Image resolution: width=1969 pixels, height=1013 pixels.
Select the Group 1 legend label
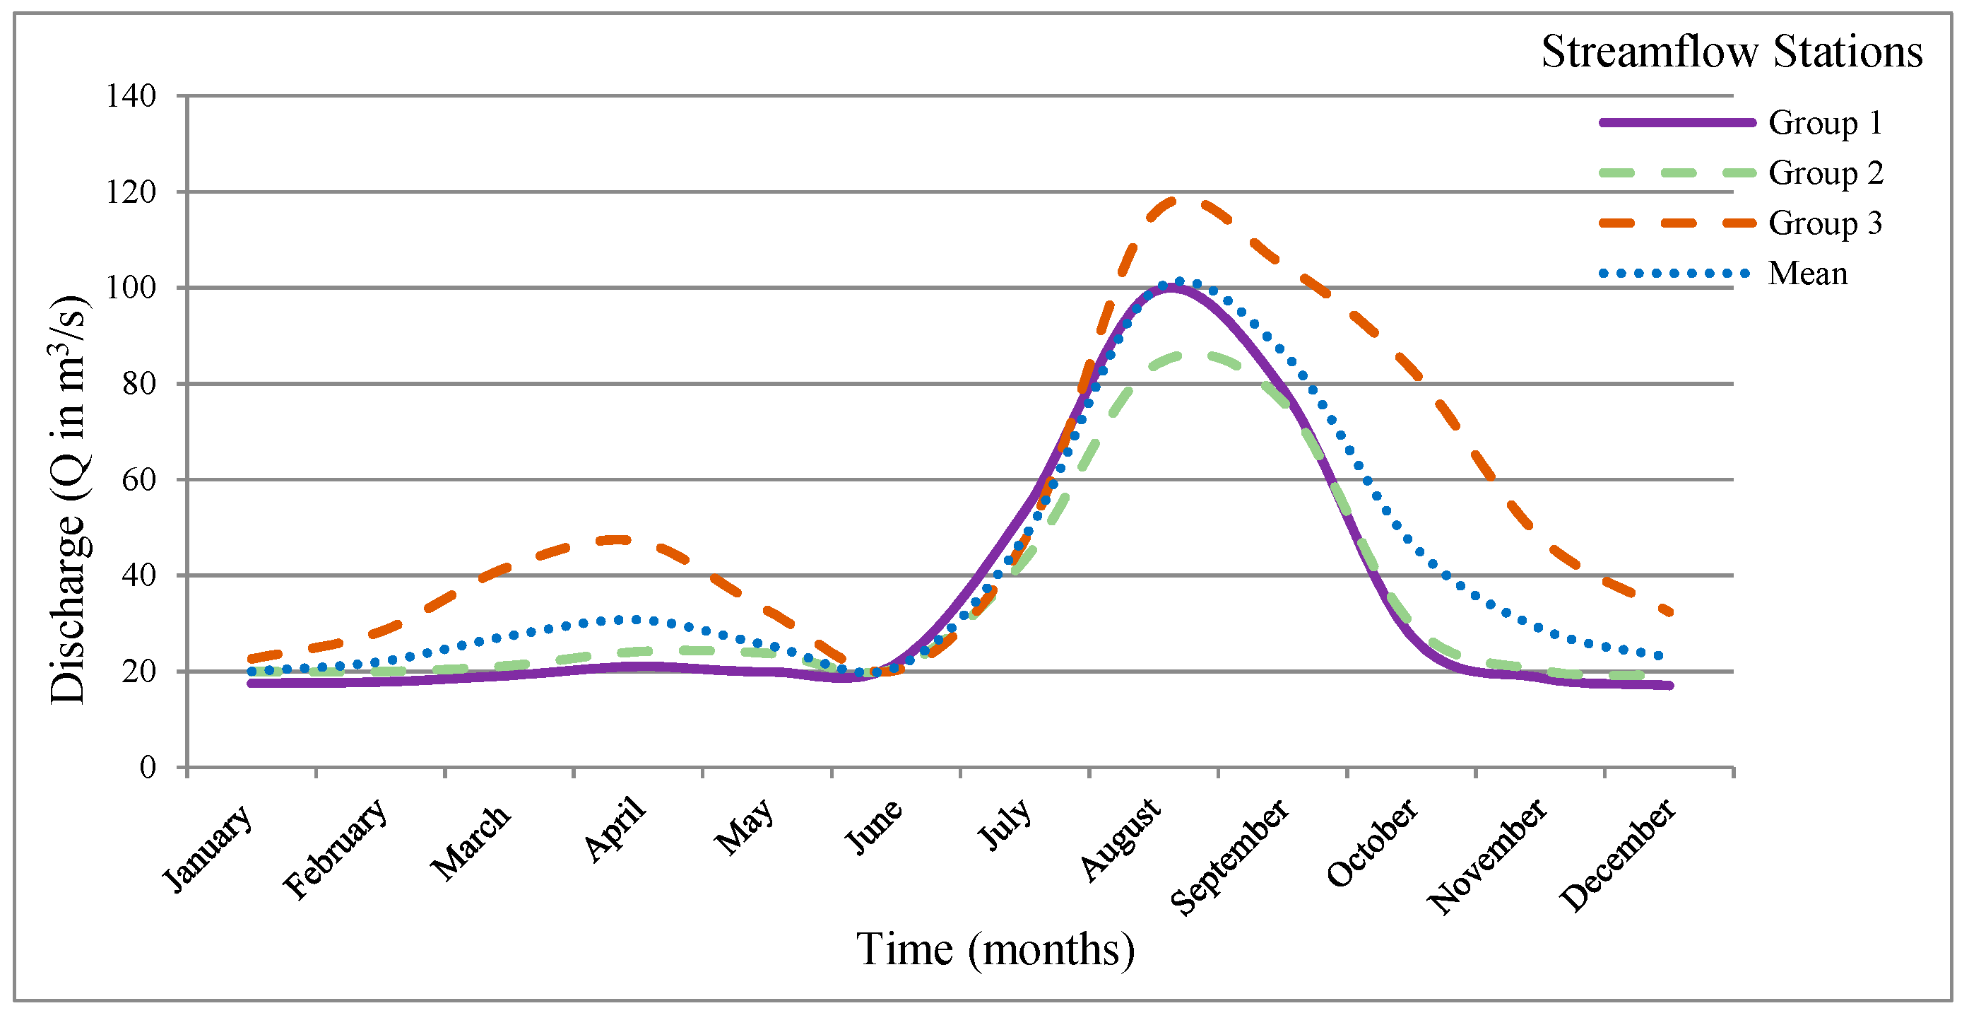[x=1825, y=122]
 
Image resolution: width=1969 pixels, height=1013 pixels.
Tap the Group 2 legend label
[x=1826, y=172]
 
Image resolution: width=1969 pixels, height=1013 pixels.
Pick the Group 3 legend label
[x=1825, y=223]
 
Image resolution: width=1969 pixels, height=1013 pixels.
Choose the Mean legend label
[x=1807, y=273]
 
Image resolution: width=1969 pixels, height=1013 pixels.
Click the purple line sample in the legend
[x=1677, y=122]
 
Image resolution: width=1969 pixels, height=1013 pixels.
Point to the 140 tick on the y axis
[x=131, y=96]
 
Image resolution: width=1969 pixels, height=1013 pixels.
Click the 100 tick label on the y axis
[x=131, y=288]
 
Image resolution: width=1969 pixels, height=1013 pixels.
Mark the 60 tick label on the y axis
[x=139, y=480]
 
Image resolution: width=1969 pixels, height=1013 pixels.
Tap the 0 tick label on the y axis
[x=148, y=767]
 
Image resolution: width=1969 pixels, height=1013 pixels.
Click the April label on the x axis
[x=615, y=828]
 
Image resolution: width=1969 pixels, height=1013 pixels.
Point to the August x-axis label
[x=1121, y=838]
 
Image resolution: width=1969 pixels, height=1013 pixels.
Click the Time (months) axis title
[x=995, y=949]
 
